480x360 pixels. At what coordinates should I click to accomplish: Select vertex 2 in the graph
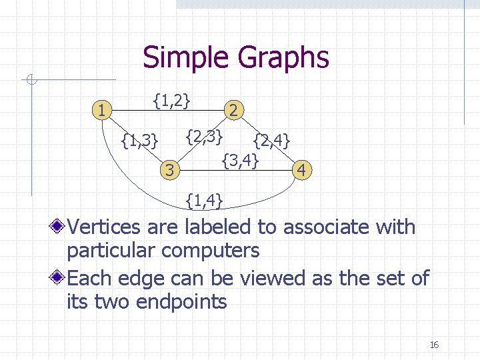coord(235,110)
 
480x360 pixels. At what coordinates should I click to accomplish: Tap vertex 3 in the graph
coord(169,171)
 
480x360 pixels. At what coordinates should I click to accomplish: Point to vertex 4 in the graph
coord(302,171)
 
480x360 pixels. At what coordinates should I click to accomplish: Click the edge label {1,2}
coord(172,101)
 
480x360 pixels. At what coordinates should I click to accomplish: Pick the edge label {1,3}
coord(140,140)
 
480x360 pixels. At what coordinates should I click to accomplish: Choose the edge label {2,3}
coord(203,137)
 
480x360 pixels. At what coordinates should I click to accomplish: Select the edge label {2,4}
coord(271,141)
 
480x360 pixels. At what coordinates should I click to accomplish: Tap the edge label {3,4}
coord(240,160)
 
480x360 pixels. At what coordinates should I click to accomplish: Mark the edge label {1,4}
coord(205,199)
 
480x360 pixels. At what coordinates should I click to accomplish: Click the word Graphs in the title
coord(283,57)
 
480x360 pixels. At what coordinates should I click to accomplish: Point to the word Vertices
coord(104,227)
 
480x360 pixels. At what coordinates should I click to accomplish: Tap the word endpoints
coord(182,301)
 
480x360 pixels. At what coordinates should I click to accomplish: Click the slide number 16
coord(434,345)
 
